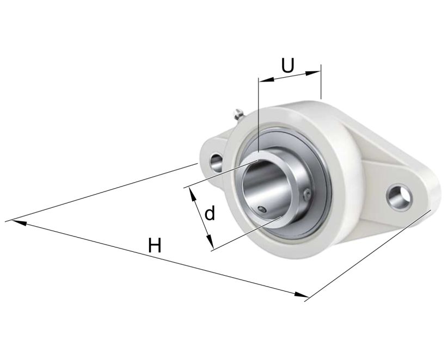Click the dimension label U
pyautogui.click(x=287, y=65)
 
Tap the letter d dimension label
pyautogui.click(x=210, y=214)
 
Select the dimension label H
pyautogui.click(x=155, y=246)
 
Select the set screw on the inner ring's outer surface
pyautogui.click(x=309, y=194)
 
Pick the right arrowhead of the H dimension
pyautogui.click(x=302, y=295)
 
